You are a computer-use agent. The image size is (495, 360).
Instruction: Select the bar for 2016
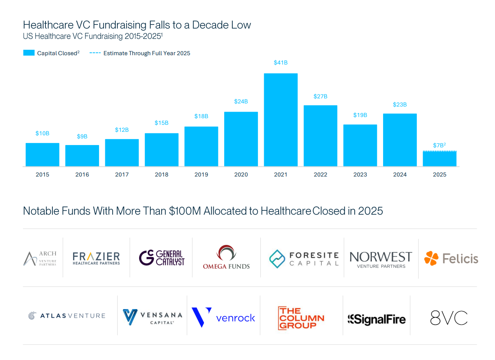[x=82, y=156]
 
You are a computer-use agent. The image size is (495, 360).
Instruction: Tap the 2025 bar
[x=439, y=159]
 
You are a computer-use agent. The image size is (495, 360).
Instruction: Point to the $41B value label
[x=281, y=63]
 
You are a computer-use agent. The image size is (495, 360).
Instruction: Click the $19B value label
[x=360, y=115]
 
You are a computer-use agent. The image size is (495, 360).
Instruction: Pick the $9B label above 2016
[x=82, y=136]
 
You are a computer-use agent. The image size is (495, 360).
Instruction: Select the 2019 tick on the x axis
[x=201, y=175]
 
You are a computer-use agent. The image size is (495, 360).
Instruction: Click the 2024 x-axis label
[x=400, y=175]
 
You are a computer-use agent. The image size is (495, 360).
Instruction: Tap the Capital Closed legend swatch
[x=29, y=53]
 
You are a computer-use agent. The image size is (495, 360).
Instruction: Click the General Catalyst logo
[x=162, y=258]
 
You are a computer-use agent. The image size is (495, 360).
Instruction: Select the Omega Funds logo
[x=226, y=257]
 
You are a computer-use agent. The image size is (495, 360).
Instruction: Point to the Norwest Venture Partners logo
[x=381, y=259]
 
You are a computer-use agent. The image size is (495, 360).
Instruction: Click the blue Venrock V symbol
[x=200, y=316]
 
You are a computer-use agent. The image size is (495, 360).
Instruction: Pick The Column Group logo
[x=301, y=318]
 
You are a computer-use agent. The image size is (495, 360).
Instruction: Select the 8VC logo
[x=449, y=318]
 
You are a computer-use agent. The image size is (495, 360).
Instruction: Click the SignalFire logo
[x=376, y=320]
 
